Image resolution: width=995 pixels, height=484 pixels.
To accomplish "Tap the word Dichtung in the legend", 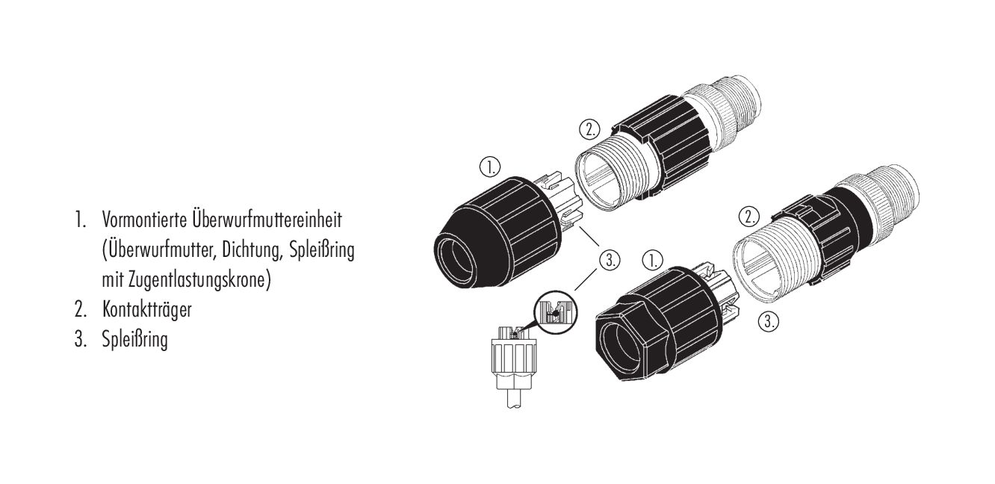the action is pyautogui.click(x=252, y=250).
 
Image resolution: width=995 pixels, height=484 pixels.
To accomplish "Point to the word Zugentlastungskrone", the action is pyautogui.click(x=199, y=280).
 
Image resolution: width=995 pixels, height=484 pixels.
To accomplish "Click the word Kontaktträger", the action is pyautogui.click(x=147, y=309).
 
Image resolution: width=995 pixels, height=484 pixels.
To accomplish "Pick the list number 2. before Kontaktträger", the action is pyautogui.click(x=80, y=310).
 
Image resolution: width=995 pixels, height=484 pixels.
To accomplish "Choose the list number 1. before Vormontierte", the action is pyautogui.click(x=80, y=220).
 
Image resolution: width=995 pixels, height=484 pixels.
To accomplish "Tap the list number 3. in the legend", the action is pyautogui.click(x=80, y=339).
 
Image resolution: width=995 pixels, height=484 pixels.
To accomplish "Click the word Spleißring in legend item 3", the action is pyautogui.click(x=135, y=340).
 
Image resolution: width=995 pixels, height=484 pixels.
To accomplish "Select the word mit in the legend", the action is pyautogui.click(x=113, y=280).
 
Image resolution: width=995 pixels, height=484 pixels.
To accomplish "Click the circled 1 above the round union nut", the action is pyautogui.click(x=490, y=167).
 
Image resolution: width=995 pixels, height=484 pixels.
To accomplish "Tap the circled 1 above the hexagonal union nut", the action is pyautogui.click(x=652, y=261).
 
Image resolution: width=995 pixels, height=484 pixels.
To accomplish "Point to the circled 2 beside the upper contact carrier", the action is pyautogui.click(x=590, y=130).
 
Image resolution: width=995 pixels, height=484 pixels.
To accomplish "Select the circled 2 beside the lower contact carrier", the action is pyautogui.click(x=749, y=217).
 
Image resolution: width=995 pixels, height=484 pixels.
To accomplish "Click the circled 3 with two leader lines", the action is pyautogui.click(x=610, y=260).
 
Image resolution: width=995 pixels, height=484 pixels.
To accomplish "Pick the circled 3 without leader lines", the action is pyautogui.click(x=768, y=320).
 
